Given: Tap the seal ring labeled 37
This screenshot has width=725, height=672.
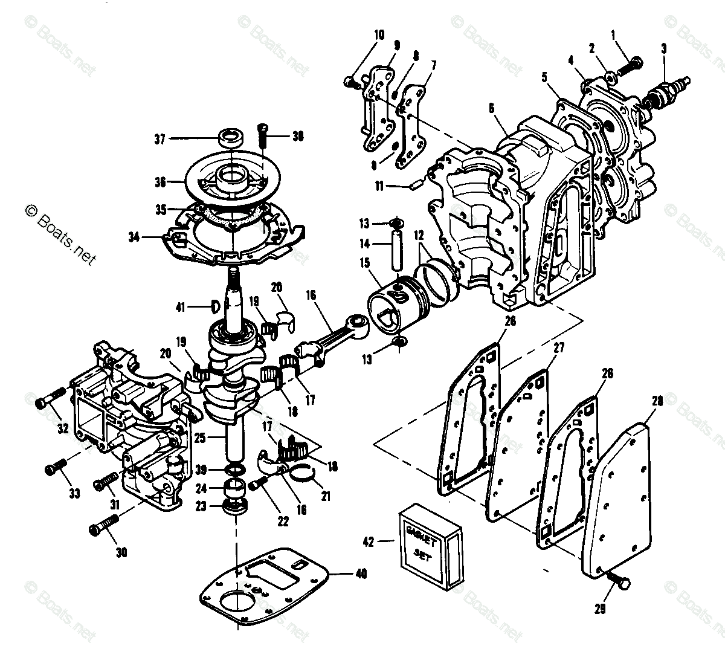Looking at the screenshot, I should tap(230, 137).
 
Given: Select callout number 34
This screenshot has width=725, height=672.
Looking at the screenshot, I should tap(134, 237).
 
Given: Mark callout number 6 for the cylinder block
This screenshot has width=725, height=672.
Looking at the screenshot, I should tap(491, 108).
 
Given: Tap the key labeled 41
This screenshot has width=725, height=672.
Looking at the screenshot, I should tap(214, 306).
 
